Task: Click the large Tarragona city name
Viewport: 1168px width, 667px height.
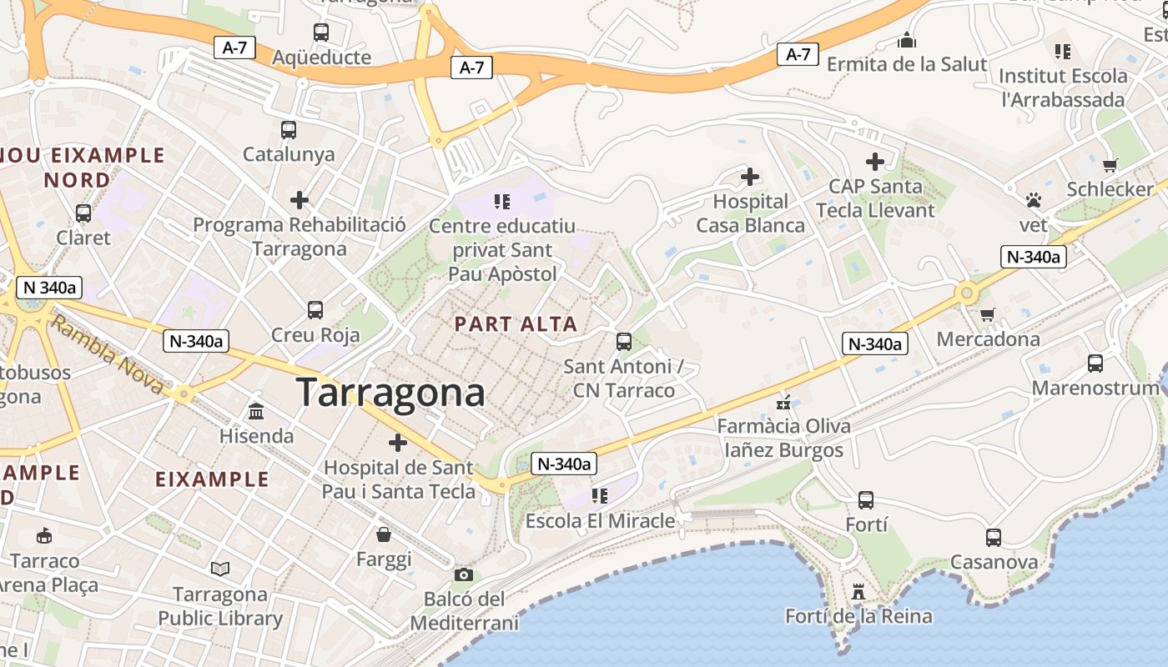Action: coord(390,392)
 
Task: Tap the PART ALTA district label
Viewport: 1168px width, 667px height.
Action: coord(516,324)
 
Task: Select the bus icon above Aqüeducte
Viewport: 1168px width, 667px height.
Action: coord(321,33)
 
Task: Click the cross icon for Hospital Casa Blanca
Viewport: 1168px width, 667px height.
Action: coord(750,177)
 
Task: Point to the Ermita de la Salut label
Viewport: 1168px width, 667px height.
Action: coord(907,64)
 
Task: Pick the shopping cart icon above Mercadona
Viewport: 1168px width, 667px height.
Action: coord(988,314)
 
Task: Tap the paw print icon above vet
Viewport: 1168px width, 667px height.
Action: coord(1034,200)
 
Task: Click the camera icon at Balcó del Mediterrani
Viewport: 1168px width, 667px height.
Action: coord(464,574)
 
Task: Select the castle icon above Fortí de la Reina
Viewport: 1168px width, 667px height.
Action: coord(858,592)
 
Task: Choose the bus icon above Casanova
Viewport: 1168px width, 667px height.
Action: coord(993,538)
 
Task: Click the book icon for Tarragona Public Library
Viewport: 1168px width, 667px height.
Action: coord(220,569)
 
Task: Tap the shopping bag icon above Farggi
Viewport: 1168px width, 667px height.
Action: coord(384,534)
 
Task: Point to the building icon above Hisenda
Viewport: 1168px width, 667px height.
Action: coord(256,412)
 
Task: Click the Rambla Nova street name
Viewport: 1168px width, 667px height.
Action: coord(107,354)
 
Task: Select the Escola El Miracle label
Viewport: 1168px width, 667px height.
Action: coord(600,521)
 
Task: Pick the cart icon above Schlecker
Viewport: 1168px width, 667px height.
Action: coord(1110,165)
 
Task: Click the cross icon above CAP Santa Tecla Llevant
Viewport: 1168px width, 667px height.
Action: coord(874,162)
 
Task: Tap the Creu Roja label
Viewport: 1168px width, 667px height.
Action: coord(315,335)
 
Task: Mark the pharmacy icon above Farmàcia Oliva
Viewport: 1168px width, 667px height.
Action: coord(783,404)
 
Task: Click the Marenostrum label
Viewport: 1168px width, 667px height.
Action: coord(1095,389)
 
